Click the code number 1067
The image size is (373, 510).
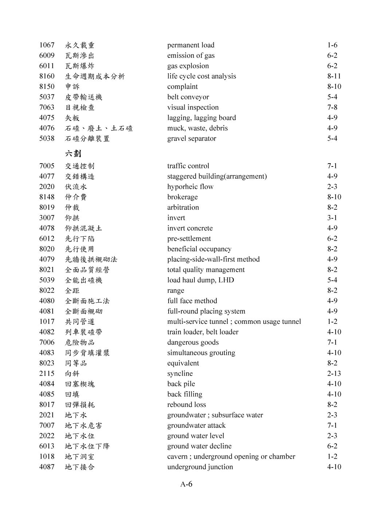[x=47, y=45]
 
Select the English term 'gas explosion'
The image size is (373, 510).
[x=188, y=66]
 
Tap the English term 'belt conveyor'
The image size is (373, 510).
[x=188, y=97]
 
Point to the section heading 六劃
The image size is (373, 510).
[x=73, y=153]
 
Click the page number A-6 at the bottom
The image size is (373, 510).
[x=186, y=484]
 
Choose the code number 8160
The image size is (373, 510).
[x=47, y=76]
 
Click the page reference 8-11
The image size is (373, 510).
[x=334, y=76]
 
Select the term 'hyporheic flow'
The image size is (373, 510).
[x=190, y=187]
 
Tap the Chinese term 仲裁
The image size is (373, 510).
[x=72, y=207]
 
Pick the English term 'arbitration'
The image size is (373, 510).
[x=183, y=207]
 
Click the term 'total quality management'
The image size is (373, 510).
[x=206, y=270]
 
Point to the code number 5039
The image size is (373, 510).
[x=47, y=280]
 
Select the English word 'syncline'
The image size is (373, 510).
[x=180, y=373]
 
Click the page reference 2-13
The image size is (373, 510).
[x=334, y=373]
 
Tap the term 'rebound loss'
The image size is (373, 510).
[x=186, y=404]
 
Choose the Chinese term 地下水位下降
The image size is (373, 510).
[x=87, y=446]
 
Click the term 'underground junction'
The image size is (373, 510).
[x=200, y=467]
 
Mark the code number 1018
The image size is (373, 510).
[x=47, y=456]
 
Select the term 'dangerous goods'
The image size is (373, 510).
[x=193, y=342]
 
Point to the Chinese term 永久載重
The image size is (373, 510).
[x=80, y=45]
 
